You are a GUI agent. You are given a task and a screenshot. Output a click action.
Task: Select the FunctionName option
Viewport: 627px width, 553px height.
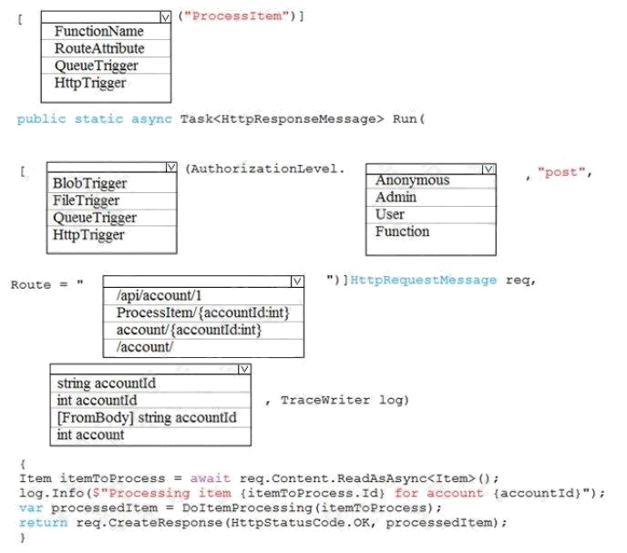(98, 32)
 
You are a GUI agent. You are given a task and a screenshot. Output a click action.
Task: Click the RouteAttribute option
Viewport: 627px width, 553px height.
(99, 48)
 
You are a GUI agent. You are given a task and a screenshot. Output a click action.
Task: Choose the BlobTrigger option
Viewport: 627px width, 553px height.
(89, 183)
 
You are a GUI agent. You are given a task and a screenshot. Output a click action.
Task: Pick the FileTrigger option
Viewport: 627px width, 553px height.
(87, 200)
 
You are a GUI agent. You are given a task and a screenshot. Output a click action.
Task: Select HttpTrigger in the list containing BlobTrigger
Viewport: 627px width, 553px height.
(88, 235)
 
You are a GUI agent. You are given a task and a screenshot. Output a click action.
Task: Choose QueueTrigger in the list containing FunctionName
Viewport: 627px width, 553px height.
(97, 66)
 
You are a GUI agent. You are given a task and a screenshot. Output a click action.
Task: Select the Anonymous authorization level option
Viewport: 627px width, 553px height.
(412, 180)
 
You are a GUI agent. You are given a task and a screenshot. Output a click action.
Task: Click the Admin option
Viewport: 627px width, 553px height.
(396, 198)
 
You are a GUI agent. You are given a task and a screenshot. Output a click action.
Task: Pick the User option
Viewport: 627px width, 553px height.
(390, 215)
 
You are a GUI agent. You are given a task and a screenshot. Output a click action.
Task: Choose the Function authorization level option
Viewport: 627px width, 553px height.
(402, 232)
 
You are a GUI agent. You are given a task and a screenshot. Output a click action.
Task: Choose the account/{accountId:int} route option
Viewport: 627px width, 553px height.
(190, 330)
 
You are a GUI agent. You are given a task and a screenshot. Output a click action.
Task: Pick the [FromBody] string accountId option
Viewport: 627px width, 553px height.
(147, 417)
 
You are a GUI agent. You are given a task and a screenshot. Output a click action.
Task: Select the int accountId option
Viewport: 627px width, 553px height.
(97, 400)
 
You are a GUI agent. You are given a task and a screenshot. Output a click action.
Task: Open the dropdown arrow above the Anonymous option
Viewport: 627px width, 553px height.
(488, 169)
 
